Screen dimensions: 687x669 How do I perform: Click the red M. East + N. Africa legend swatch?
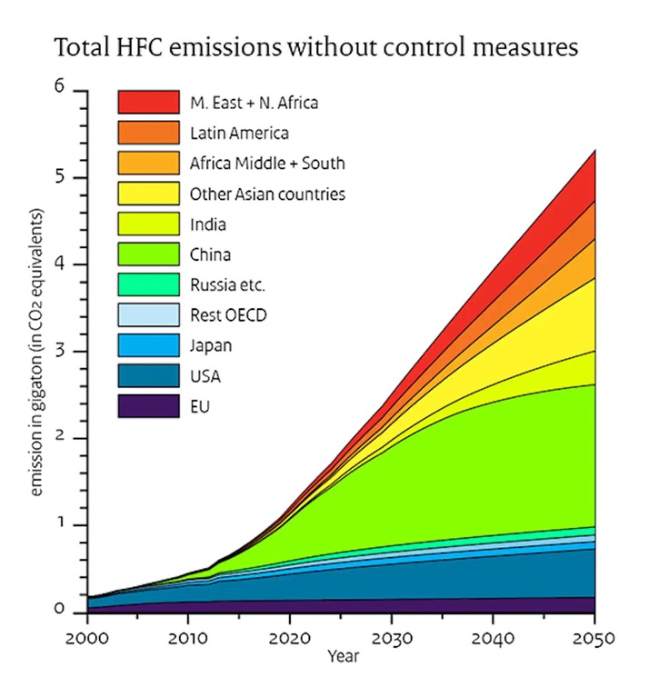click(x=148, y=102)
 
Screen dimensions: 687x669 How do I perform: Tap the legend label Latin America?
click(x=240, y=133)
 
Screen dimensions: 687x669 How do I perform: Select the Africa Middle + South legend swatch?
click(x=148, y=164)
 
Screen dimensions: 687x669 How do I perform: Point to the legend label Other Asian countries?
click(x=267, y=194)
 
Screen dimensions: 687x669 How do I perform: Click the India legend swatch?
click(x=148, y=224)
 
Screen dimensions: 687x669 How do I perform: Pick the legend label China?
click(x=210, y=254)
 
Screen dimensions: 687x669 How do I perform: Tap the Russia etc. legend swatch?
click(x=148, y=285)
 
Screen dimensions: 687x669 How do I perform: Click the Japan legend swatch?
click(x=148, y=345)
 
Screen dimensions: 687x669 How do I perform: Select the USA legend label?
click(x=205, y=376)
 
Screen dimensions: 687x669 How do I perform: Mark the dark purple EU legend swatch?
click(x=148, y=406)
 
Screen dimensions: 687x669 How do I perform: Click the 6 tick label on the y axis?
click(x=60, y=88)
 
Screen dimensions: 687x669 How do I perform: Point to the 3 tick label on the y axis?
click(x=60, y=351)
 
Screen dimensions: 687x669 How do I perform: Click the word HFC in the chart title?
click(x=136, y=46)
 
